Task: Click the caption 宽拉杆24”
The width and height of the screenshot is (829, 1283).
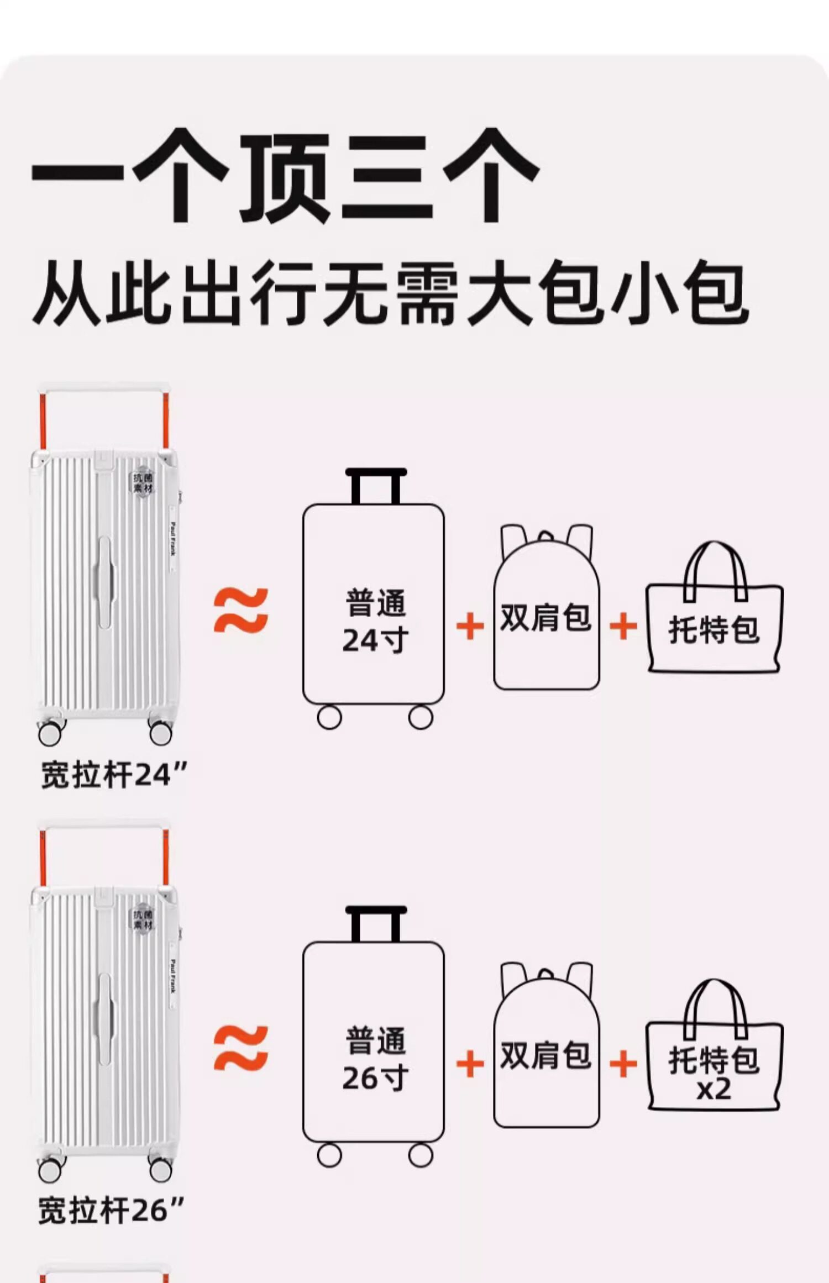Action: [114, 775]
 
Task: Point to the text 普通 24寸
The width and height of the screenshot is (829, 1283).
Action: [375, 621]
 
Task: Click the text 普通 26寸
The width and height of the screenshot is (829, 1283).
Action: [375, 1059]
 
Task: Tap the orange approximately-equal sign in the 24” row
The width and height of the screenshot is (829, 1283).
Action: [241, 610]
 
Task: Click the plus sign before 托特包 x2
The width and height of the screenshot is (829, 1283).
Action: [623, 1064]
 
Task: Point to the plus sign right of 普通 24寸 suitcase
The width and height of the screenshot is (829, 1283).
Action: [470, 627]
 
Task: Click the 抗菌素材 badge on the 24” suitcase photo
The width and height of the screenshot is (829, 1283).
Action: [143, 482]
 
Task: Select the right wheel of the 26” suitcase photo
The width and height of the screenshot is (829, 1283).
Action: [160, 1170]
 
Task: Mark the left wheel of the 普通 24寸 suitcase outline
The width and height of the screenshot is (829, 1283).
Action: [329, 718]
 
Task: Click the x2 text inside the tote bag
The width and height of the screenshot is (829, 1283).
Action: [713, 1090]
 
